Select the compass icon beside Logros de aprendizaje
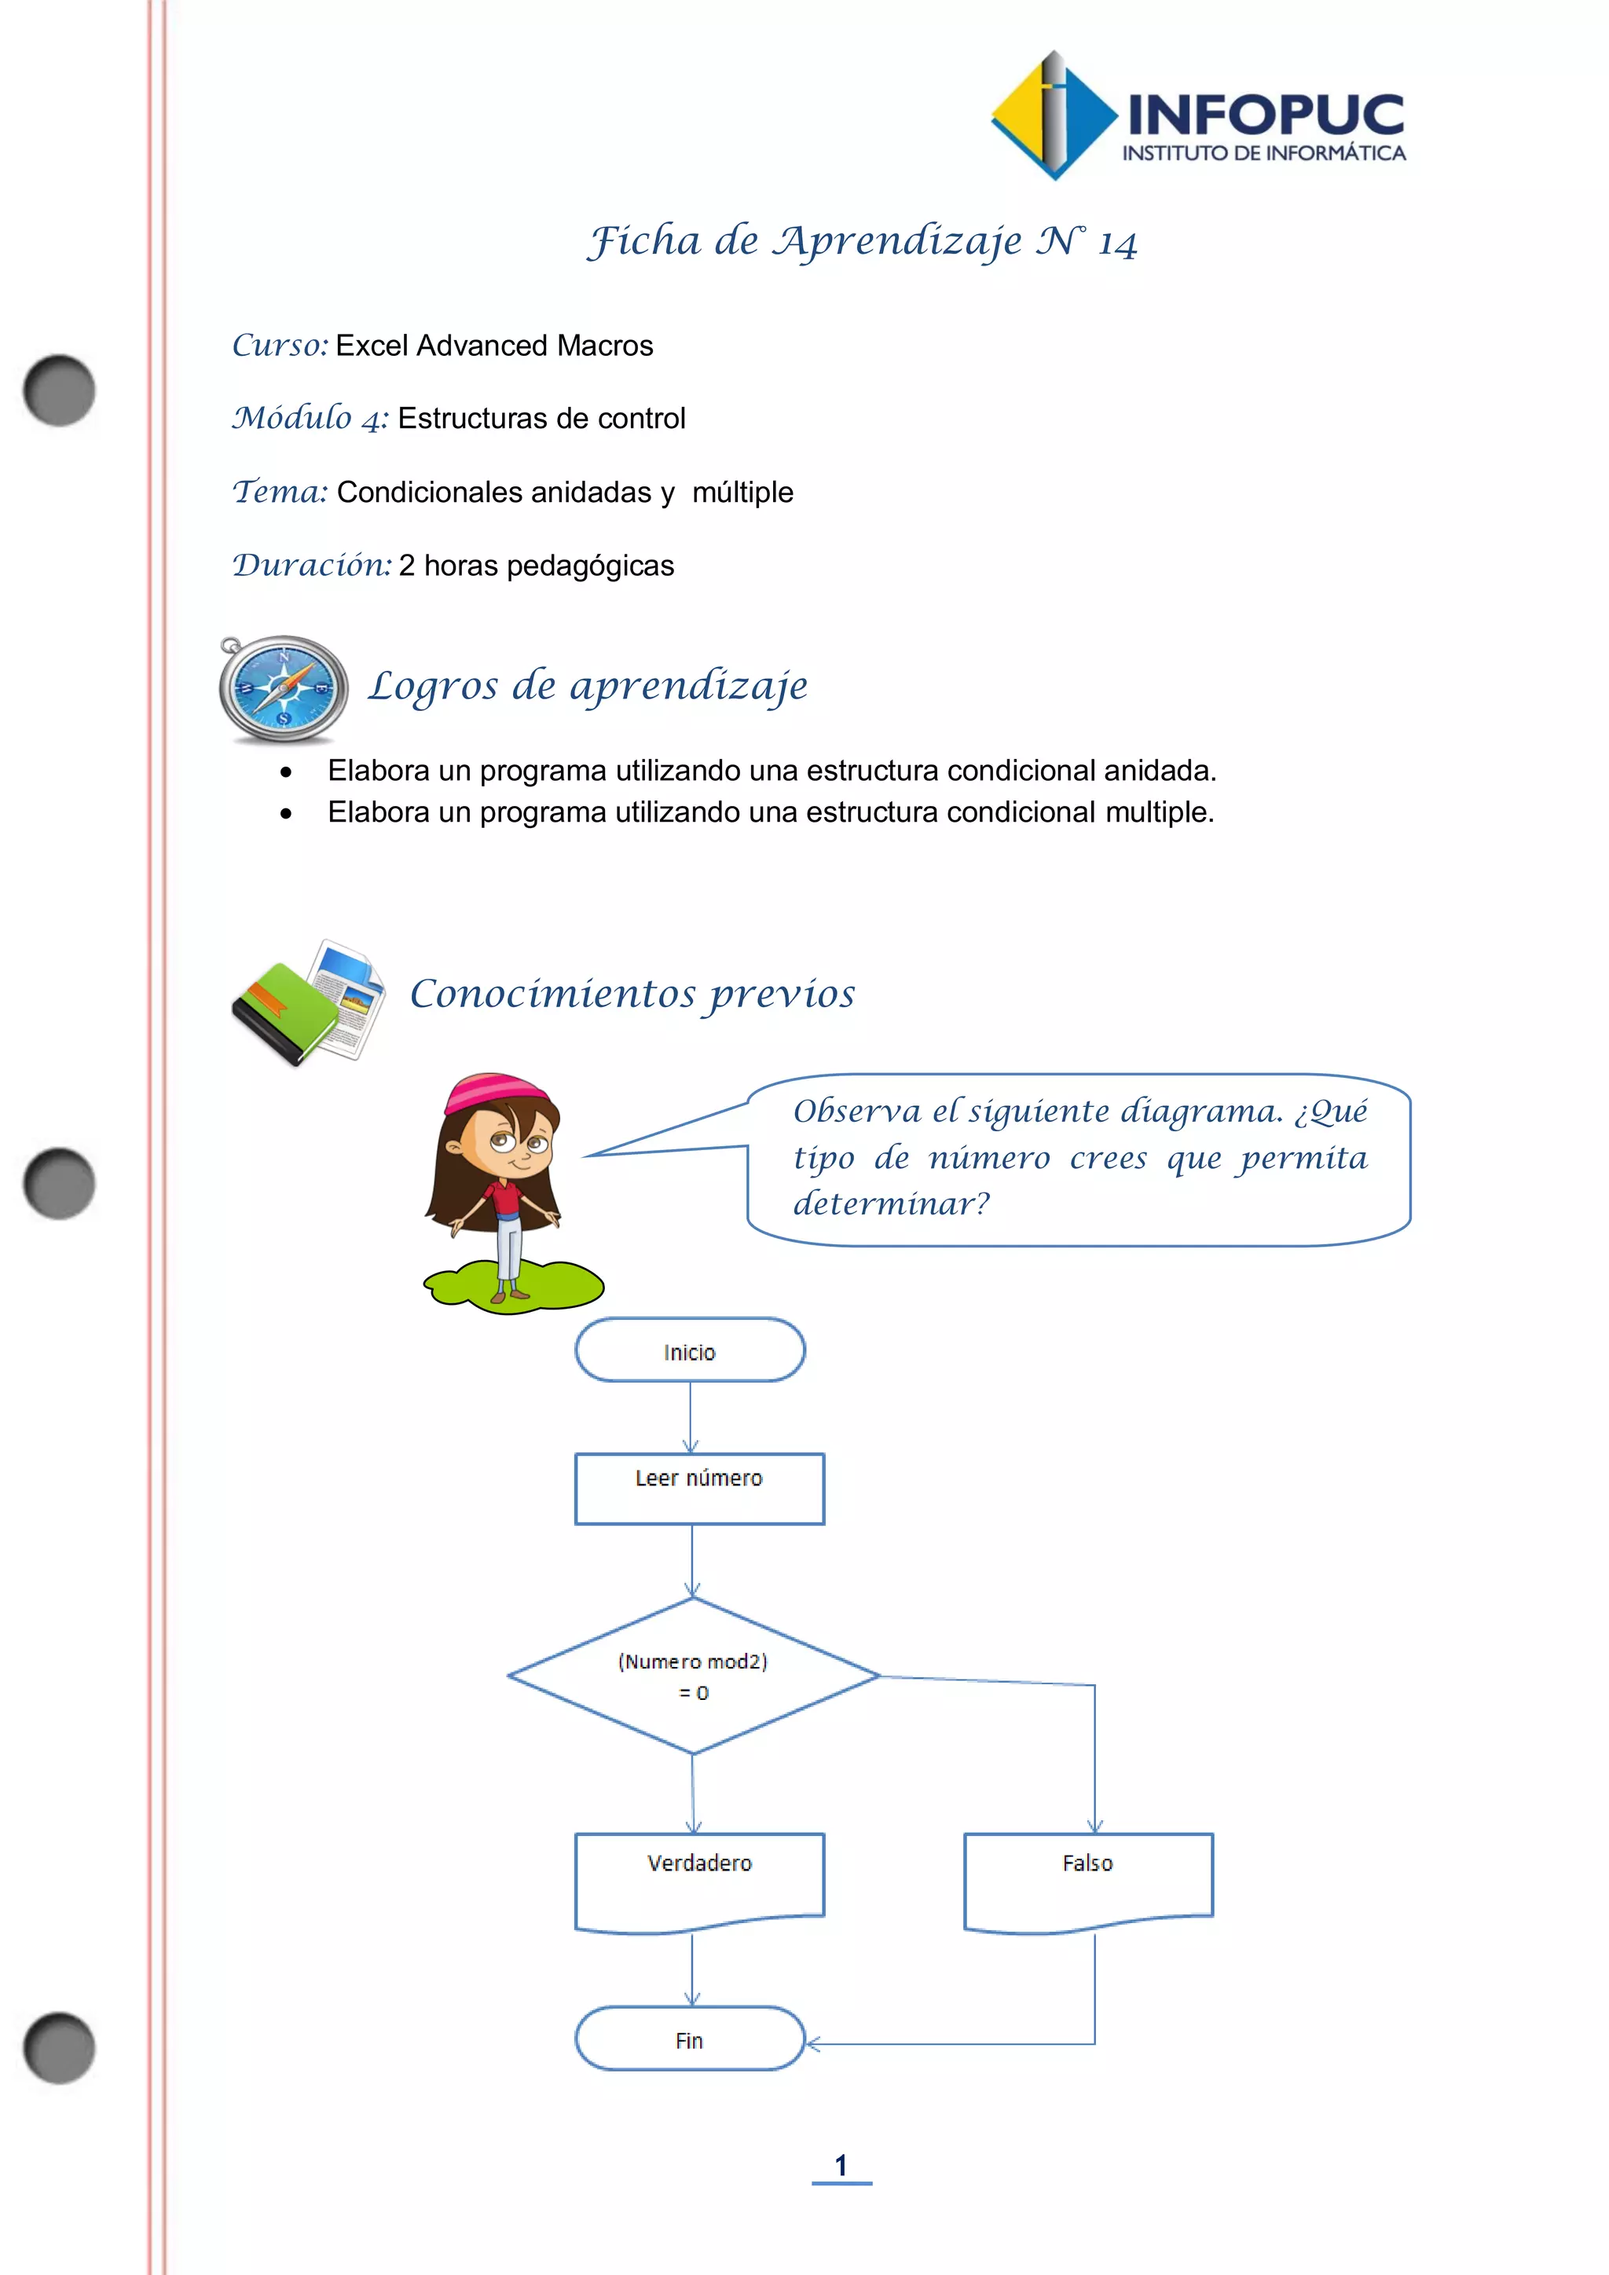tap(284, 689)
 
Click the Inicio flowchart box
tap(690, 1350)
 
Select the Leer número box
tap(699, 1489)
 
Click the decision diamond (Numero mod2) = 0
tap(694, 1676)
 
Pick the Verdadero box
tap(699, 1878)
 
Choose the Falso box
tap(1088, 1878)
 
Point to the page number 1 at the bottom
tap(841, 2166)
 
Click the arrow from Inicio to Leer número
tap(691, 1417)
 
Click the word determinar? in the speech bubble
tap(891, 1204)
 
